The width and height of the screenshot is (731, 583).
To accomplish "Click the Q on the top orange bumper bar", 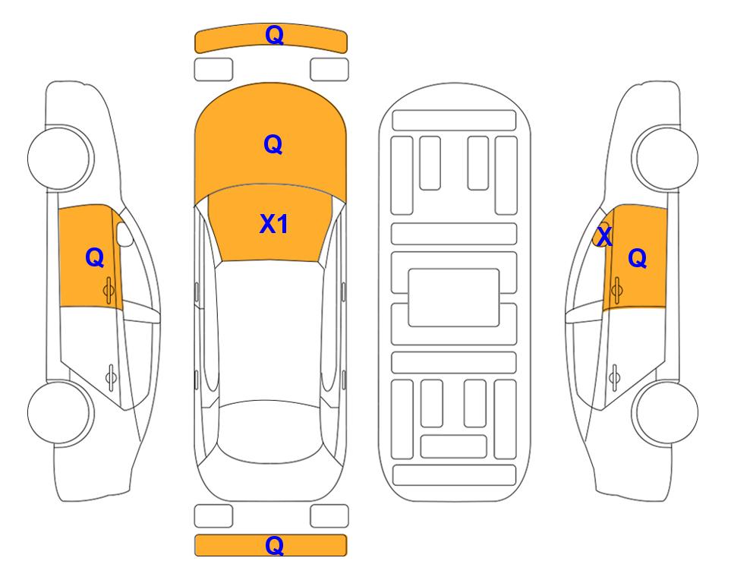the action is (274, 35).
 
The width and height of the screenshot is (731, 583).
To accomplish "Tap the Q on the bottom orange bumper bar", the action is (274, 545).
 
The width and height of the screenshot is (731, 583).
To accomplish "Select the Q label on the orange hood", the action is (273, 144).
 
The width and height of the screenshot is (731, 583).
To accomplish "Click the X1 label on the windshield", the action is (274, 224).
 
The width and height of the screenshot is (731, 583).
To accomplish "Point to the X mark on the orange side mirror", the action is (604, 236).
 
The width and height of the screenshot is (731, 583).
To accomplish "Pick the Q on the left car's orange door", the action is (95, 257).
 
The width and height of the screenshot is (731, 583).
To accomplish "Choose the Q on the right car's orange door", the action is (638, 258).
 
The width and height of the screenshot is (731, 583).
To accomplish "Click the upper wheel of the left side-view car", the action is (60, 158).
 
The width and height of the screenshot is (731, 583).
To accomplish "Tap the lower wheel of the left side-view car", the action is (60, 412).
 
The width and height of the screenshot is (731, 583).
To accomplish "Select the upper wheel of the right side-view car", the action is (665, 158).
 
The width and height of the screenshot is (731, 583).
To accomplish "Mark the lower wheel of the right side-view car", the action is (666, 412).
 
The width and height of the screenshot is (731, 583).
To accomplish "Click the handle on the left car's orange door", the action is (109, 291).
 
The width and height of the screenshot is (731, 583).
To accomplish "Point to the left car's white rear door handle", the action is (111, 377).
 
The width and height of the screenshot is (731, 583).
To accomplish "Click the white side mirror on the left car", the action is (124, 235).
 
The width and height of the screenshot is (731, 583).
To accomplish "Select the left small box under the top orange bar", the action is (213, 70).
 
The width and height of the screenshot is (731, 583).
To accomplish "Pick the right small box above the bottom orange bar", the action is (329, 516).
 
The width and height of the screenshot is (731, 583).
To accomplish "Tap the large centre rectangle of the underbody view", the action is (454, 298).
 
